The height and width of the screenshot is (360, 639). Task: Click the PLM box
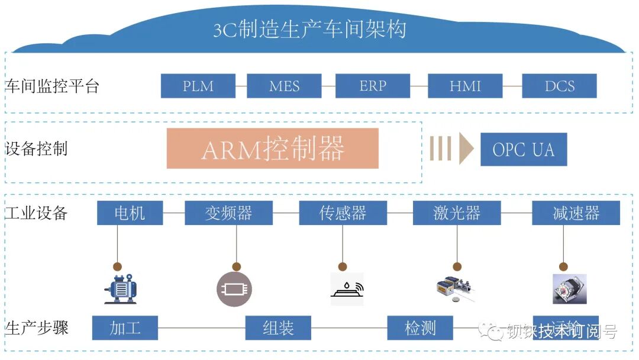pyautogui.click(x=198, y=86)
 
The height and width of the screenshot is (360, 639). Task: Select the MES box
pyautogui.click(x=284, y=86)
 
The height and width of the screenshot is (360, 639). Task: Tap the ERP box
pyautogui.click(x=372, y=86)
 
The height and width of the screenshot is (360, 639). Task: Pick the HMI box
pyautogui.click(x=465, y=86)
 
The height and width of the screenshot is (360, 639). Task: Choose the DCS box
pyautogui.click(x=559, y=86)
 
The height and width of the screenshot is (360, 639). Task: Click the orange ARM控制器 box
pyautogui.click(x=273, y=149)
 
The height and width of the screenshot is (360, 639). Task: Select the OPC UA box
pyautogui.click(x=524, y=149)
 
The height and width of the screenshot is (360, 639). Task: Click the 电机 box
pyautogui.click(x=130, y=213)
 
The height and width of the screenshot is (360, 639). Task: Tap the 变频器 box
pyautogui.click(x=228, y=213)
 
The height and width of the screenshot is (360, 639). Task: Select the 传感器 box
pyautogui.click(x=343, y=213)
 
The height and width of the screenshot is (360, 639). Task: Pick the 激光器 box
pyautogui.click(x=456, y=213)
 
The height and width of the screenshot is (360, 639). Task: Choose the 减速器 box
pyautogui.click(x=576, y=213)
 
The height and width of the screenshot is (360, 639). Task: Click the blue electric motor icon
pyautogui.click(x=121, y=289)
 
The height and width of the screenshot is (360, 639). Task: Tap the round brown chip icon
pyautogui.click(x=234, y=289)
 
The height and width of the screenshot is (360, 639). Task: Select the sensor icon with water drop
pyautogui.click(x=347, y=289)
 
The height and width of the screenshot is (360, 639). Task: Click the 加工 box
pyautogui.click(x=125, y=328)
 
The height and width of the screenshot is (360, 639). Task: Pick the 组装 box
pyautogui.click(x=278, y=328)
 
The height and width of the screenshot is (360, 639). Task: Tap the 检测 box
pyautogui.click(x=420, y=328)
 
